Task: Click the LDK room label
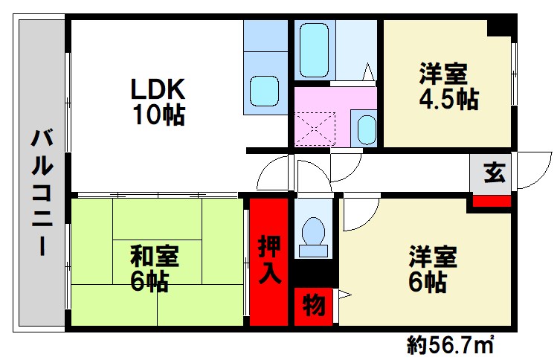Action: [x=158, y=89]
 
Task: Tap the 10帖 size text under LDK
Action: [x=159, y=115]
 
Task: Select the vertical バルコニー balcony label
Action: [x=42, y=193]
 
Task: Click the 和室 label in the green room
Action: [x=154, y=256]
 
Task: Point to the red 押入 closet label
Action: [x=269, y=260]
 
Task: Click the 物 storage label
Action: [x=314, y=306]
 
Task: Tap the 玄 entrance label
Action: [x=495, y=173]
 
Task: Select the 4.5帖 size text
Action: [x=448, y=99]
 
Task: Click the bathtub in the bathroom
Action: [x=314, y=50]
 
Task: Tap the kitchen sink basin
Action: [x=264, y=91]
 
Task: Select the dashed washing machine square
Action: [x=315, y=129]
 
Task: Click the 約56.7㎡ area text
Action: [x=451, y=345]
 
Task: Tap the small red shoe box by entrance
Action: [x=492, y=201]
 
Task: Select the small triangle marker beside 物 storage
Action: [x=344, y=295]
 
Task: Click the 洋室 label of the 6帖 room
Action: [x=433, y=256]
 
